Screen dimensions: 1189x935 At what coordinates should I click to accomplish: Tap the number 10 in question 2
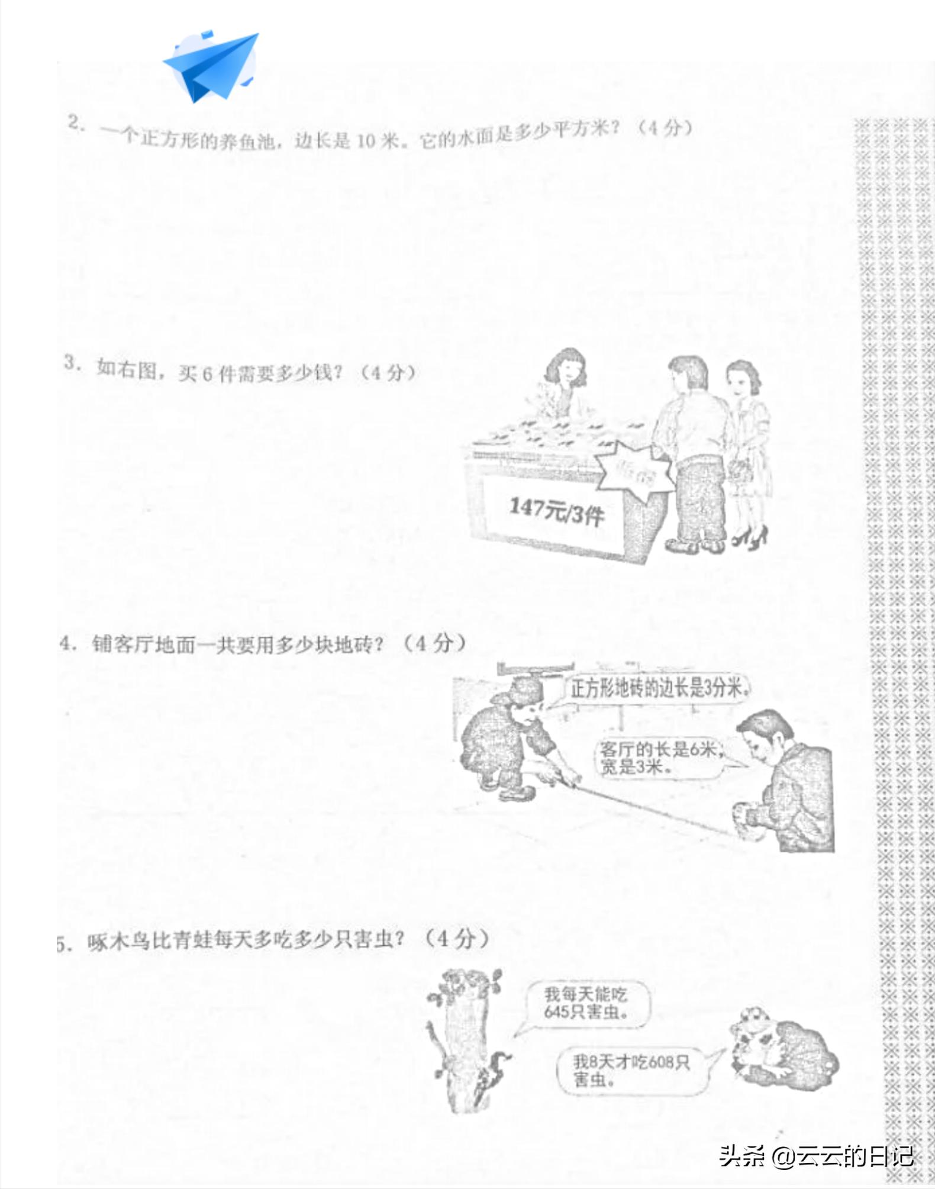pos(366,141)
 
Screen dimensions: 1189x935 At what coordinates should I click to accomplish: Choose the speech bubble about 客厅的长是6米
pos(659,758)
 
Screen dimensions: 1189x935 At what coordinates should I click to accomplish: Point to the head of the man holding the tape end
pos(766,737)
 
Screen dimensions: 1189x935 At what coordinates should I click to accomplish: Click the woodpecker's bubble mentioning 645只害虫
pos(586,1004)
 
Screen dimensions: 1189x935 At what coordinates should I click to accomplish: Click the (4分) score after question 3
pos(388,373)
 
